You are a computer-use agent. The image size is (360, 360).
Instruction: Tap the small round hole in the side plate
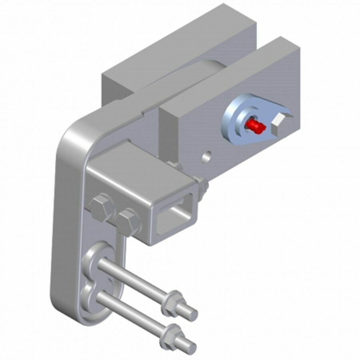[206, 157]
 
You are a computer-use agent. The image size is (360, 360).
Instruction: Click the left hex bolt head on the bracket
[100, 207]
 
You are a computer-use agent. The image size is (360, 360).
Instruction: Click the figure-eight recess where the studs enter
[94, 280]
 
